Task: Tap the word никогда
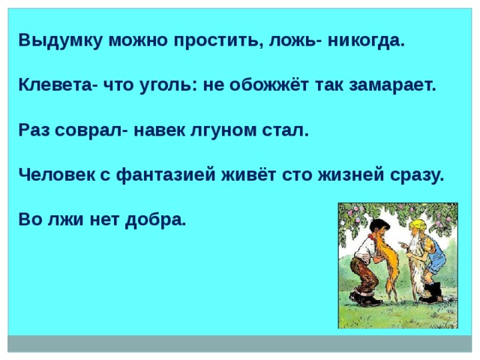(x=366, y=40)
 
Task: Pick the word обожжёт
(x=268, y=85)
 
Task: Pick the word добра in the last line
(x=156, y=220)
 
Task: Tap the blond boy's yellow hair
(x=418, y=224)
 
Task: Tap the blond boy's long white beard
(x=415, y=263)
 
